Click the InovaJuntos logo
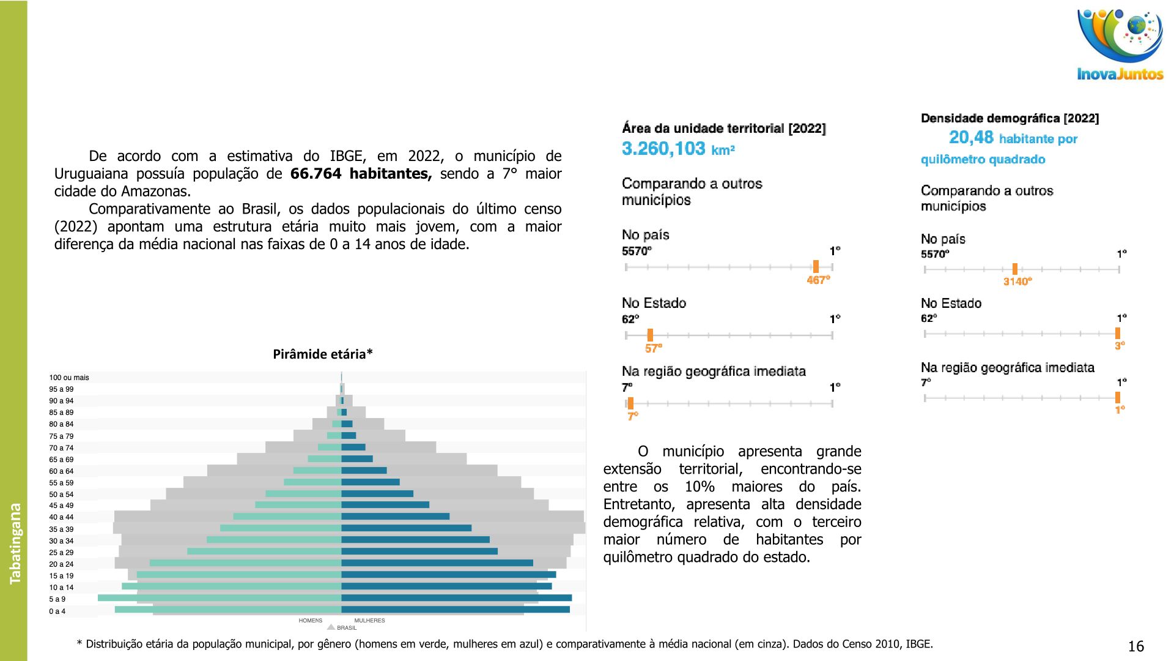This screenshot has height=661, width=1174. [1120, 45]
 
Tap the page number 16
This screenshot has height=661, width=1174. [1135, 646]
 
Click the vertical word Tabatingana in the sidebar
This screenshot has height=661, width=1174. [15, 543]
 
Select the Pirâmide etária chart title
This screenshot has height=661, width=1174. [322, 354]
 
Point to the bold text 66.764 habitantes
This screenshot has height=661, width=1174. [361, 174]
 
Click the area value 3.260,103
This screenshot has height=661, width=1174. [663, 149]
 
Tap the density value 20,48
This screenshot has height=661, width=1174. [971, 138]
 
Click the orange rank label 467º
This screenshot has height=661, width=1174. [818, 280]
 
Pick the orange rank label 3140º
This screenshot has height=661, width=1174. [1017, 282]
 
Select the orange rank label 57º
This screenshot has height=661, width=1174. [653, 348]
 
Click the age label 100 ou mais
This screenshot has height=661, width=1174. [69, 378]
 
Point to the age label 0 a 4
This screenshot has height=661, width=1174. [57, 611]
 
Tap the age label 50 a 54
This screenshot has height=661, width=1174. [61, 495]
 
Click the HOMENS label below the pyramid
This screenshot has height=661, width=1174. [310, 621]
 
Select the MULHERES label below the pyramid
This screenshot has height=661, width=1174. [369, 621]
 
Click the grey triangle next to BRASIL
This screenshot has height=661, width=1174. [331, 627]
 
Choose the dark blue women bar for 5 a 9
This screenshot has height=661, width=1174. [456, 598]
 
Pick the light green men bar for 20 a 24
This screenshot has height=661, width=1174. [245, 563]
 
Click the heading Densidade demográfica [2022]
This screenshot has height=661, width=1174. [1010, 119]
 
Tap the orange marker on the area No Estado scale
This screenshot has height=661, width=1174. [650, 335]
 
